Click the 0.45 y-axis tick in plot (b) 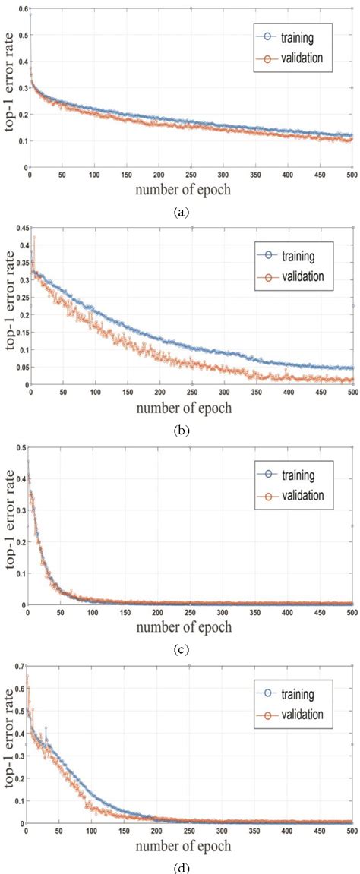[x=21, y=227]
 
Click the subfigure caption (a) [x=181, y=212]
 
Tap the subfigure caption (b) [x=181, y=431]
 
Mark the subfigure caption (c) [x=181, y=650]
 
